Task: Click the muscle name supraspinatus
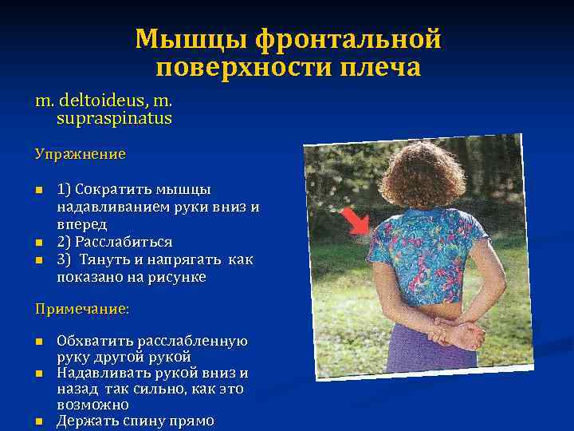coord(114,118)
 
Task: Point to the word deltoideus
coord(95,101)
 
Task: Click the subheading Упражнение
coord(80,152)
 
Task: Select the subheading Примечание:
coord(82,307)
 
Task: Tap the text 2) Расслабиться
coord(114,242)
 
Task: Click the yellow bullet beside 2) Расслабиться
coord(38,242)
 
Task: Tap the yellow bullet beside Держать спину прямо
coord(38,421)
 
